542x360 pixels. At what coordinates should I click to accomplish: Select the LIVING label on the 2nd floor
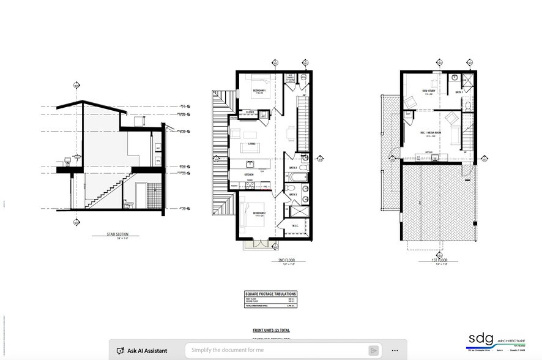coord(251,144)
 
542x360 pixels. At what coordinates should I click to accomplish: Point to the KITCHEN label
coord(249,174)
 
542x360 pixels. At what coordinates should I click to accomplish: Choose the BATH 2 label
coord(293,168)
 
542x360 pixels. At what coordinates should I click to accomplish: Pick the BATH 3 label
coord(293,194)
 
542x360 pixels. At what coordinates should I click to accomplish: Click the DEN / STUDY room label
coord(428,91)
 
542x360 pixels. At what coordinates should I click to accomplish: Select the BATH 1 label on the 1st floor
coord(459,92)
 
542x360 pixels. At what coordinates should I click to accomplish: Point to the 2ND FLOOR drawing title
coord(286,260)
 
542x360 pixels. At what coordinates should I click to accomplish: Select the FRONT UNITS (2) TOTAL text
coord(271,330)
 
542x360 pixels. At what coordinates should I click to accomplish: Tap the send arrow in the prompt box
coord(373,350)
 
